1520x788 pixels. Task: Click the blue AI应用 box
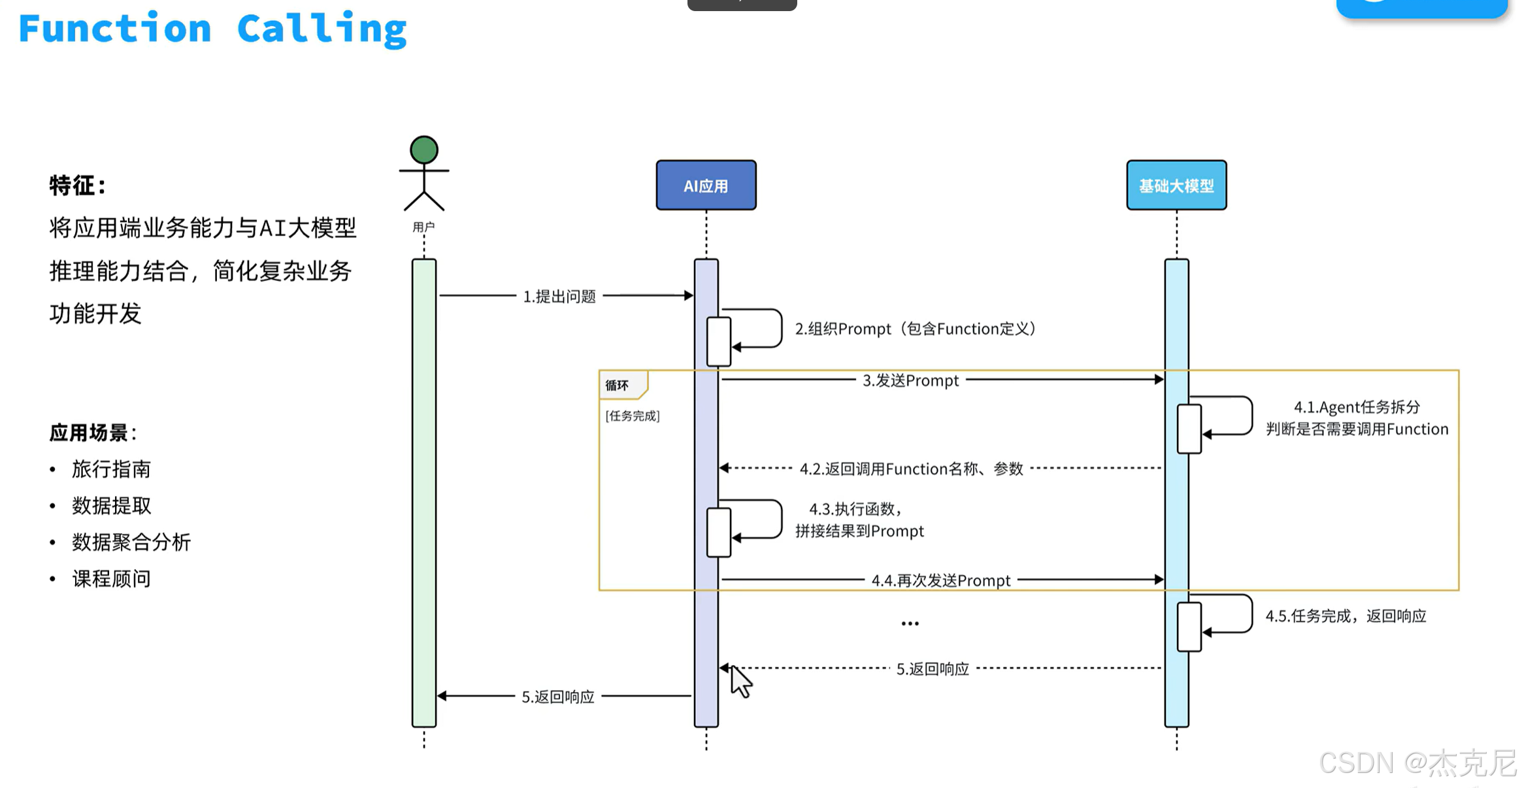pos(706,185)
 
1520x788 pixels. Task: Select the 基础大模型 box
pos(1176,185)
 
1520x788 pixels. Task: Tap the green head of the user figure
pos(424,150)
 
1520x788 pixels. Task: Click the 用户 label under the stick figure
pos(423,227)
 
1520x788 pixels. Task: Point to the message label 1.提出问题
pos(559,296)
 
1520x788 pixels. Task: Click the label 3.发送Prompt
pos(911,380)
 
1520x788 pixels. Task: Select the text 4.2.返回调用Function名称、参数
pos(912,468)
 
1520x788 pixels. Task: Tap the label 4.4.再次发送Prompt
pos(941,580)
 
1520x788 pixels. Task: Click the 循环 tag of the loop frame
pos(617,385)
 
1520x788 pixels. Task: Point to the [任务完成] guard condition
pos(633,416)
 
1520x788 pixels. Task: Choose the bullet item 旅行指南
pos(111,468)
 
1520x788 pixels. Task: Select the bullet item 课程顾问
pos(111,578)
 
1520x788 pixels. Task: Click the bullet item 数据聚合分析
pos(131,542)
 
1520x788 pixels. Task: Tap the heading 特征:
pos(77,186)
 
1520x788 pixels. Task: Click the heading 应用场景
pos(89,432)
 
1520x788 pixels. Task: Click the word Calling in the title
pos(322,29)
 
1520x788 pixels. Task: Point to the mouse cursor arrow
pos(740,681)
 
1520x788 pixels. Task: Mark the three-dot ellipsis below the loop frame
pos(910,623)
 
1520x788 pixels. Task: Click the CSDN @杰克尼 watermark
pos(1417,763)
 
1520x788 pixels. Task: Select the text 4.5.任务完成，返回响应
pos(1346,616)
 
